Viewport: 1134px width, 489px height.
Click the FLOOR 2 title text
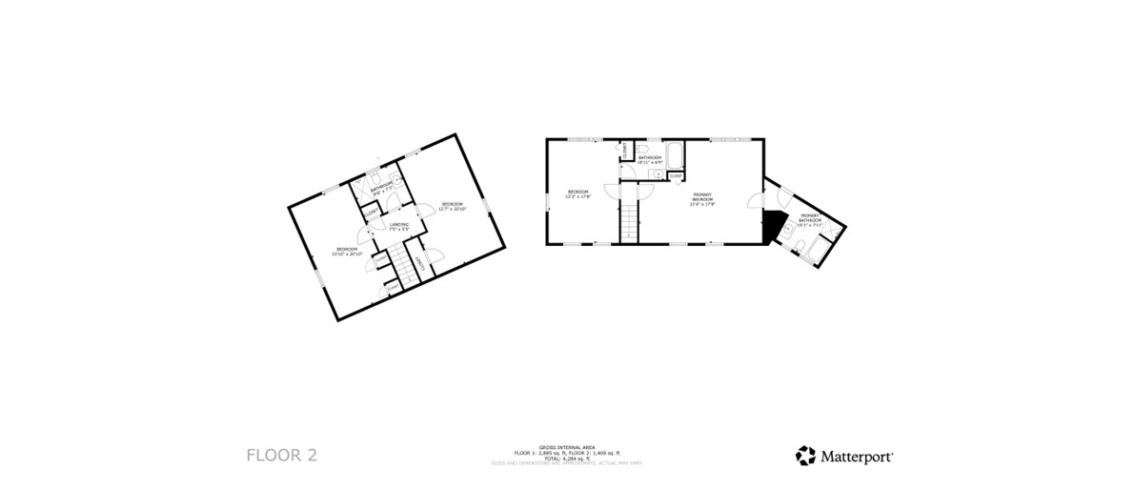click(x=281, y=455)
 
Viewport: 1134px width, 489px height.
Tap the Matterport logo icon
click(x=805, y=456)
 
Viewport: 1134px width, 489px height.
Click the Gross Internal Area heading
click(x=566, y=446)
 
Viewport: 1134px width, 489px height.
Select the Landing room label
click(x=399, y=227)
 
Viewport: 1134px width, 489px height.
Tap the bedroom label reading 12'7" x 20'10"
click(x=452, y=206)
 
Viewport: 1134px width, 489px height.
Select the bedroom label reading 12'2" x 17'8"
click(x=579, y=194)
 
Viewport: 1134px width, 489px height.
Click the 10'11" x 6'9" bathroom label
click(x=650, y=159)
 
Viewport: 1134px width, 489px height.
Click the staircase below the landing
click(x=408, y=269)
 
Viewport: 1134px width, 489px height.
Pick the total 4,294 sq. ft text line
click(x=566, y=458)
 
